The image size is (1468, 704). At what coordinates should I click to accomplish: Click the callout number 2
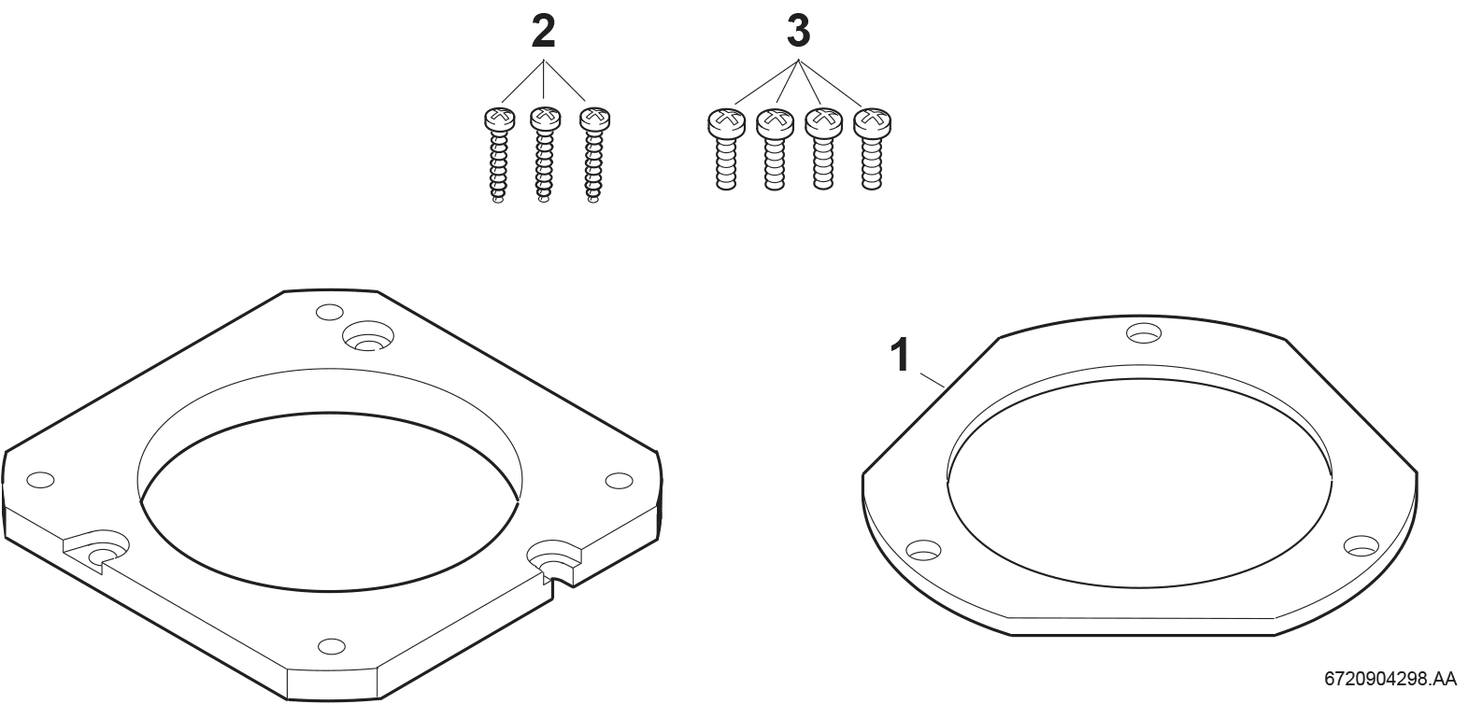tap(543, 32)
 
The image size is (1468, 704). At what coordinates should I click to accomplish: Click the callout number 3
tap(798, 32)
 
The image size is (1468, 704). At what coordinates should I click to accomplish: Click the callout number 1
tap(901, 356)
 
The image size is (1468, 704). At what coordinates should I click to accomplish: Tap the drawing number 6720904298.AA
tap(1390, 679)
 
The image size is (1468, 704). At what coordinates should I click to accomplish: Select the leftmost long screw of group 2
tap(499, 155)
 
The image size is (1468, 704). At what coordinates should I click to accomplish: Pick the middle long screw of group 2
tap(546, 155)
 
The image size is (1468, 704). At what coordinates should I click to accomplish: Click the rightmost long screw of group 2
tap(594, 155)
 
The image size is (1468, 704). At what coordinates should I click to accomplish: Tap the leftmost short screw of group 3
tap(726, 150)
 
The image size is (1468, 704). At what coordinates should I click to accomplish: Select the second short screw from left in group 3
tap(775, 150)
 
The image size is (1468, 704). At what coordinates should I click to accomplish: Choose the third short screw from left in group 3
tap(823, 149)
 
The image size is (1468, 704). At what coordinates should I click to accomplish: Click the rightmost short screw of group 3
tap(872, 149)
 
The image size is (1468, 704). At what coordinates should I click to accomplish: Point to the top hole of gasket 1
tap(1144, 332)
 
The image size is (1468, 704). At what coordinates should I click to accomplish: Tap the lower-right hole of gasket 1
tap(1361, 545)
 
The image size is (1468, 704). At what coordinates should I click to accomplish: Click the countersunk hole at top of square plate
tap(368, 336)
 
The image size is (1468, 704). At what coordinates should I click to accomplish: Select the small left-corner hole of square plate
tap(40, 479)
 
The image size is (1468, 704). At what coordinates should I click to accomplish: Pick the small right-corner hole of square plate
tap(619, 481)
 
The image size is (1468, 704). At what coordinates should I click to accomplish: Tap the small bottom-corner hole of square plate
tap(332, 646)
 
